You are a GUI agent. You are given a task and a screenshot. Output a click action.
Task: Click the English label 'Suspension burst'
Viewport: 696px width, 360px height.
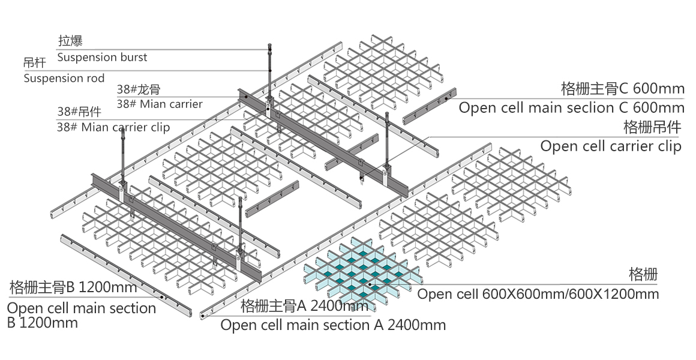102,58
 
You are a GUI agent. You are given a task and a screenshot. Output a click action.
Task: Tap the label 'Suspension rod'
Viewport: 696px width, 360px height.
64,78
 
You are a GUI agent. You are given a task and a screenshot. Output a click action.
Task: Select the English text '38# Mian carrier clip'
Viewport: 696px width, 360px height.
113,127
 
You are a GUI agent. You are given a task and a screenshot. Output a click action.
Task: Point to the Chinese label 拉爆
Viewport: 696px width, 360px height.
70,41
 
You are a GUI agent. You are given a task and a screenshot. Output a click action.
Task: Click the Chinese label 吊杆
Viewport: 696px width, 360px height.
32,62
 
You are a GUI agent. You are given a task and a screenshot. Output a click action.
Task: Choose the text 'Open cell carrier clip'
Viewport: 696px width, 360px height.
611,146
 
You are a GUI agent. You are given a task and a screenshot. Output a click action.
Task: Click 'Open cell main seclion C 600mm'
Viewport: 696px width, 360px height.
571,108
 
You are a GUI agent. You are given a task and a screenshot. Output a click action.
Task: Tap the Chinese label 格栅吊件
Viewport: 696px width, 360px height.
653,127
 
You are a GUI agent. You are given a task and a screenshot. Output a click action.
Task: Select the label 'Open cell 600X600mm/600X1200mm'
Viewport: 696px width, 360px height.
538,294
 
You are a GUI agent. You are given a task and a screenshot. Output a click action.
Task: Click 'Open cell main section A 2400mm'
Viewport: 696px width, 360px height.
333,325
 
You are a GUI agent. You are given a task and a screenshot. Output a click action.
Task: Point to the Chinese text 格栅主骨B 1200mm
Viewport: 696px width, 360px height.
73,287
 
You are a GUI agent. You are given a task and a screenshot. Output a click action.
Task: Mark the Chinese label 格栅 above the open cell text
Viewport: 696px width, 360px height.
643,275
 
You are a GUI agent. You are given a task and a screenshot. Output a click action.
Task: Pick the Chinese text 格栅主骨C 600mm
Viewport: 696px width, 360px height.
622,89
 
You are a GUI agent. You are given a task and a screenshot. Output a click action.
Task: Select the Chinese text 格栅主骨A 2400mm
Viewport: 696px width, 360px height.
304,307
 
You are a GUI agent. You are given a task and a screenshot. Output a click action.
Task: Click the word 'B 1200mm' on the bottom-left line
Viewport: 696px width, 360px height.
42,323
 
